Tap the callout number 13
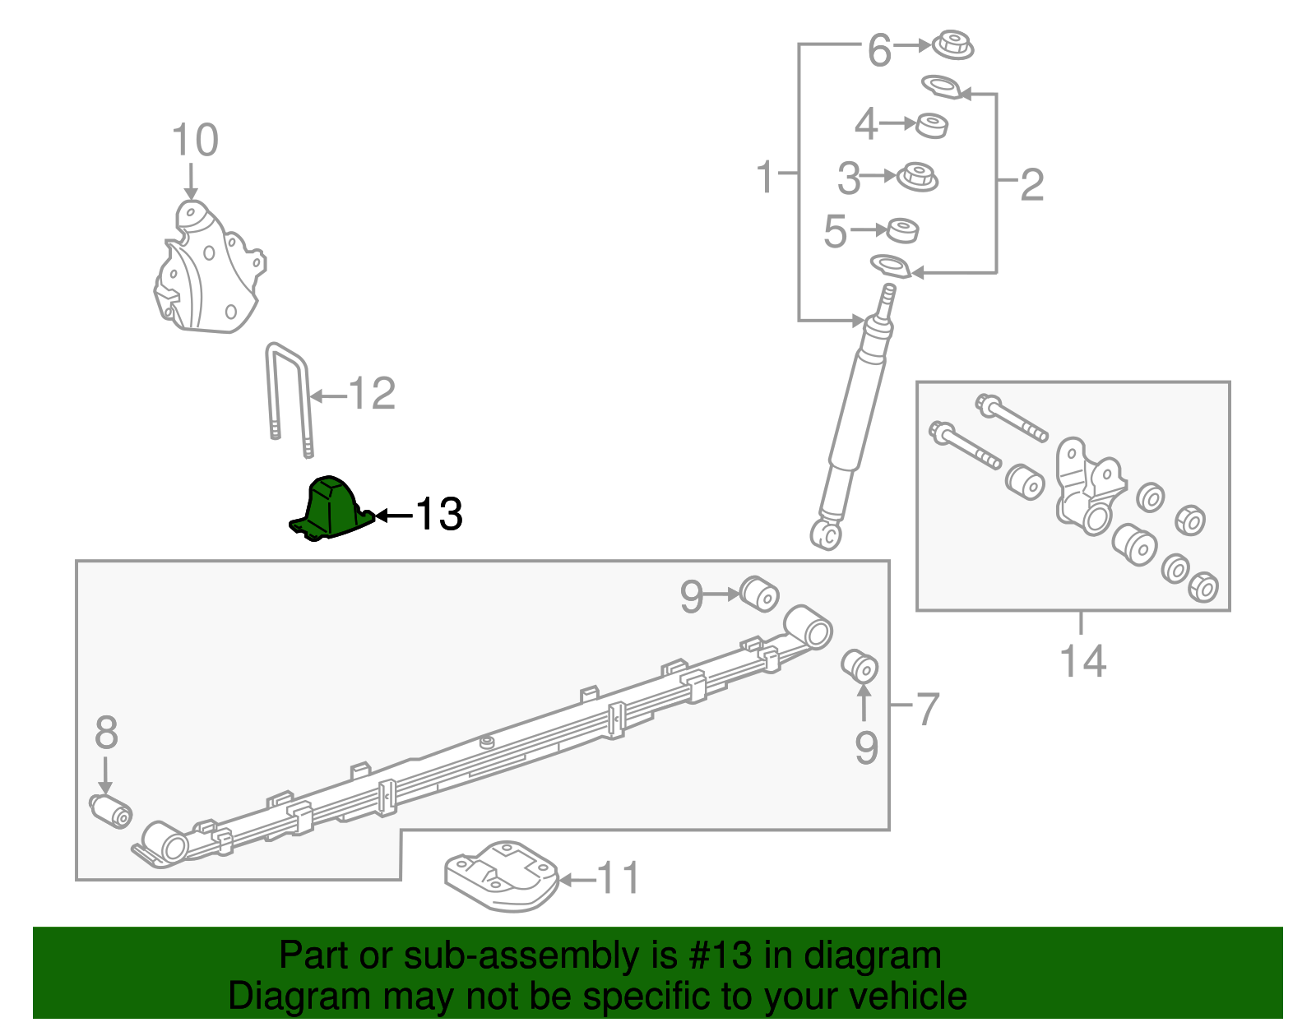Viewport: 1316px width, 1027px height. click(x=439, y=515)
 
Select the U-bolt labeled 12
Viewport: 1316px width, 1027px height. click(x=289, y=400)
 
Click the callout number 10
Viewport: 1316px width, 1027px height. click(x=195, y=140)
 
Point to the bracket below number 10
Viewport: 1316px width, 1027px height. click(x=209, y=267)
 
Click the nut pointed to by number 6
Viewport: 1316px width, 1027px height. click(x=952, y=44)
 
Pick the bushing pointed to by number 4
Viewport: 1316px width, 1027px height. click(x=931, y=125)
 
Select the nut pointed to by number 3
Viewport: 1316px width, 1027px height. click(x=917, y=178)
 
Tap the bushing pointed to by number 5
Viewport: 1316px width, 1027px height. click(x=902, y=230)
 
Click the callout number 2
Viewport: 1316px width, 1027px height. click(x=1032, y=184)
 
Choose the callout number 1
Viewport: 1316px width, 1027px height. click(x=766, y=177)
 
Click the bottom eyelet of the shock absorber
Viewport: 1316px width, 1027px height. click(x=826, y=535)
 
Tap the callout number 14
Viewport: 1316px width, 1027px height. click(x=1083, y=661)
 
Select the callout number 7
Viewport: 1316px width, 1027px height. click(x=928, y=709)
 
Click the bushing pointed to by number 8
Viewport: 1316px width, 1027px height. click(x=111, y=812)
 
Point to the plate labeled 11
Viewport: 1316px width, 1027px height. click(x=502, y=876)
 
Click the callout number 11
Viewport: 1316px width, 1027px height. click(x=618, y=878)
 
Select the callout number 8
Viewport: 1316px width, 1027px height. click(x=107, y=733)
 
